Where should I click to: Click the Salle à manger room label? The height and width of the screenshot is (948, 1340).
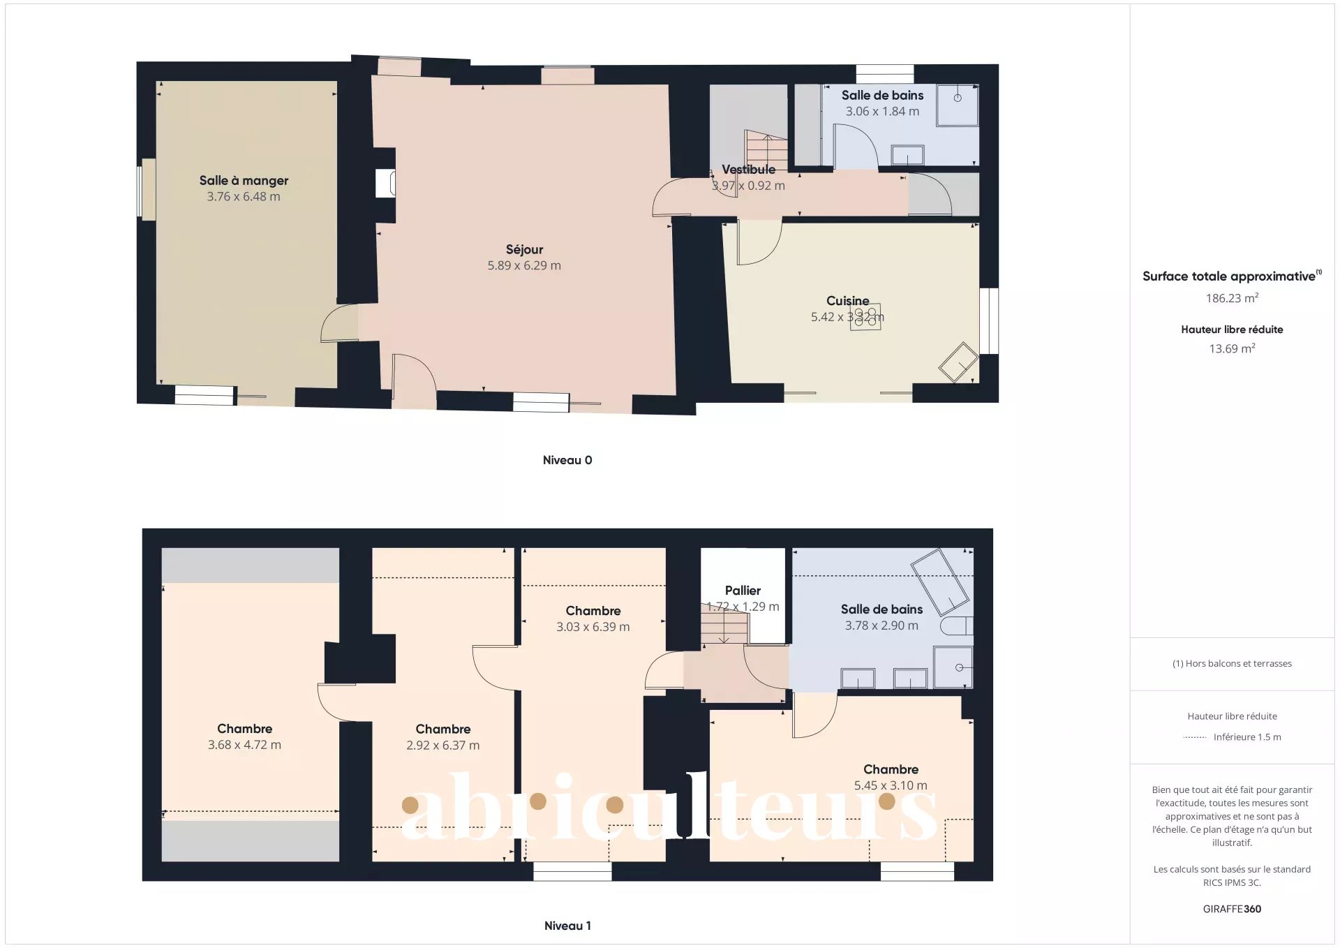(x=244, y=180)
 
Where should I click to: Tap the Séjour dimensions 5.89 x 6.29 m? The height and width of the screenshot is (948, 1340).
(x=524, y=265)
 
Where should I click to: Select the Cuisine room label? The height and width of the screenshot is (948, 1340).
(x=847, y=301)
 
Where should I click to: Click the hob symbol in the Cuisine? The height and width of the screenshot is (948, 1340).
(x=865, y=317)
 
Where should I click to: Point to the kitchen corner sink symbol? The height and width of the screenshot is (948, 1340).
(x=958, y=362)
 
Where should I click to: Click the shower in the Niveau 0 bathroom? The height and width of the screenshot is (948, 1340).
(x=957, y=105)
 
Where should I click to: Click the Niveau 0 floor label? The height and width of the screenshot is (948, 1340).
(x=567, y=460)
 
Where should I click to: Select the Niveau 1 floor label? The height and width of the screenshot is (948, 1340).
(x=567, y=926)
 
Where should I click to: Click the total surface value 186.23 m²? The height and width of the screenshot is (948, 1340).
(x=1232, y=298)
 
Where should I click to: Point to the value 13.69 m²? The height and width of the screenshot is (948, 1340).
(x=1232, y=348)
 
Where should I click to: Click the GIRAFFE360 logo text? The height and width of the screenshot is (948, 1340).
(x=1232, y=909)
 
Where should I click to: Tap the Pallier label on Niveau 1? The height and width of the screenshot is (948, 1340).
(x=743, y=591)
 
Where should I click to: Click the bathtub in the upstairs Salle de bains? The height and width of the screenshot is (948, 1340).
(x=939, y=581)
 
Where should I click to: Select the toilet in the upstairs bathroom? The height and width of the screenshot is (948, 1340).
(x=956, y=625)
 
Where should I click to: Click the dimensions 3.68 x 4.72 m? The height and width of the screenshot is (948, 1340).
(x=244, y=745)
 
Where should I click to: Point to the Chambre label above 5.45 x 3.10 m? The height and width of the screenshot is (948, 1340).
(x=891, y=769)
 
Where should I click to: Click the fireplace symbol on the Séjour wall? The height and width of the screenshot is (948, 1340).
(x=385, y=184)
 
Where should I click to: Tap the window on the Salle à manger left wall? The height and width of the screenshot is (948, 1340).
(x=148, y=189)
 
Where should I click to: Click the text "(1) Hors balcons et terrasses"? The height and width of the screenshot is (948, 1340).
(x=1232, y=663)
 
